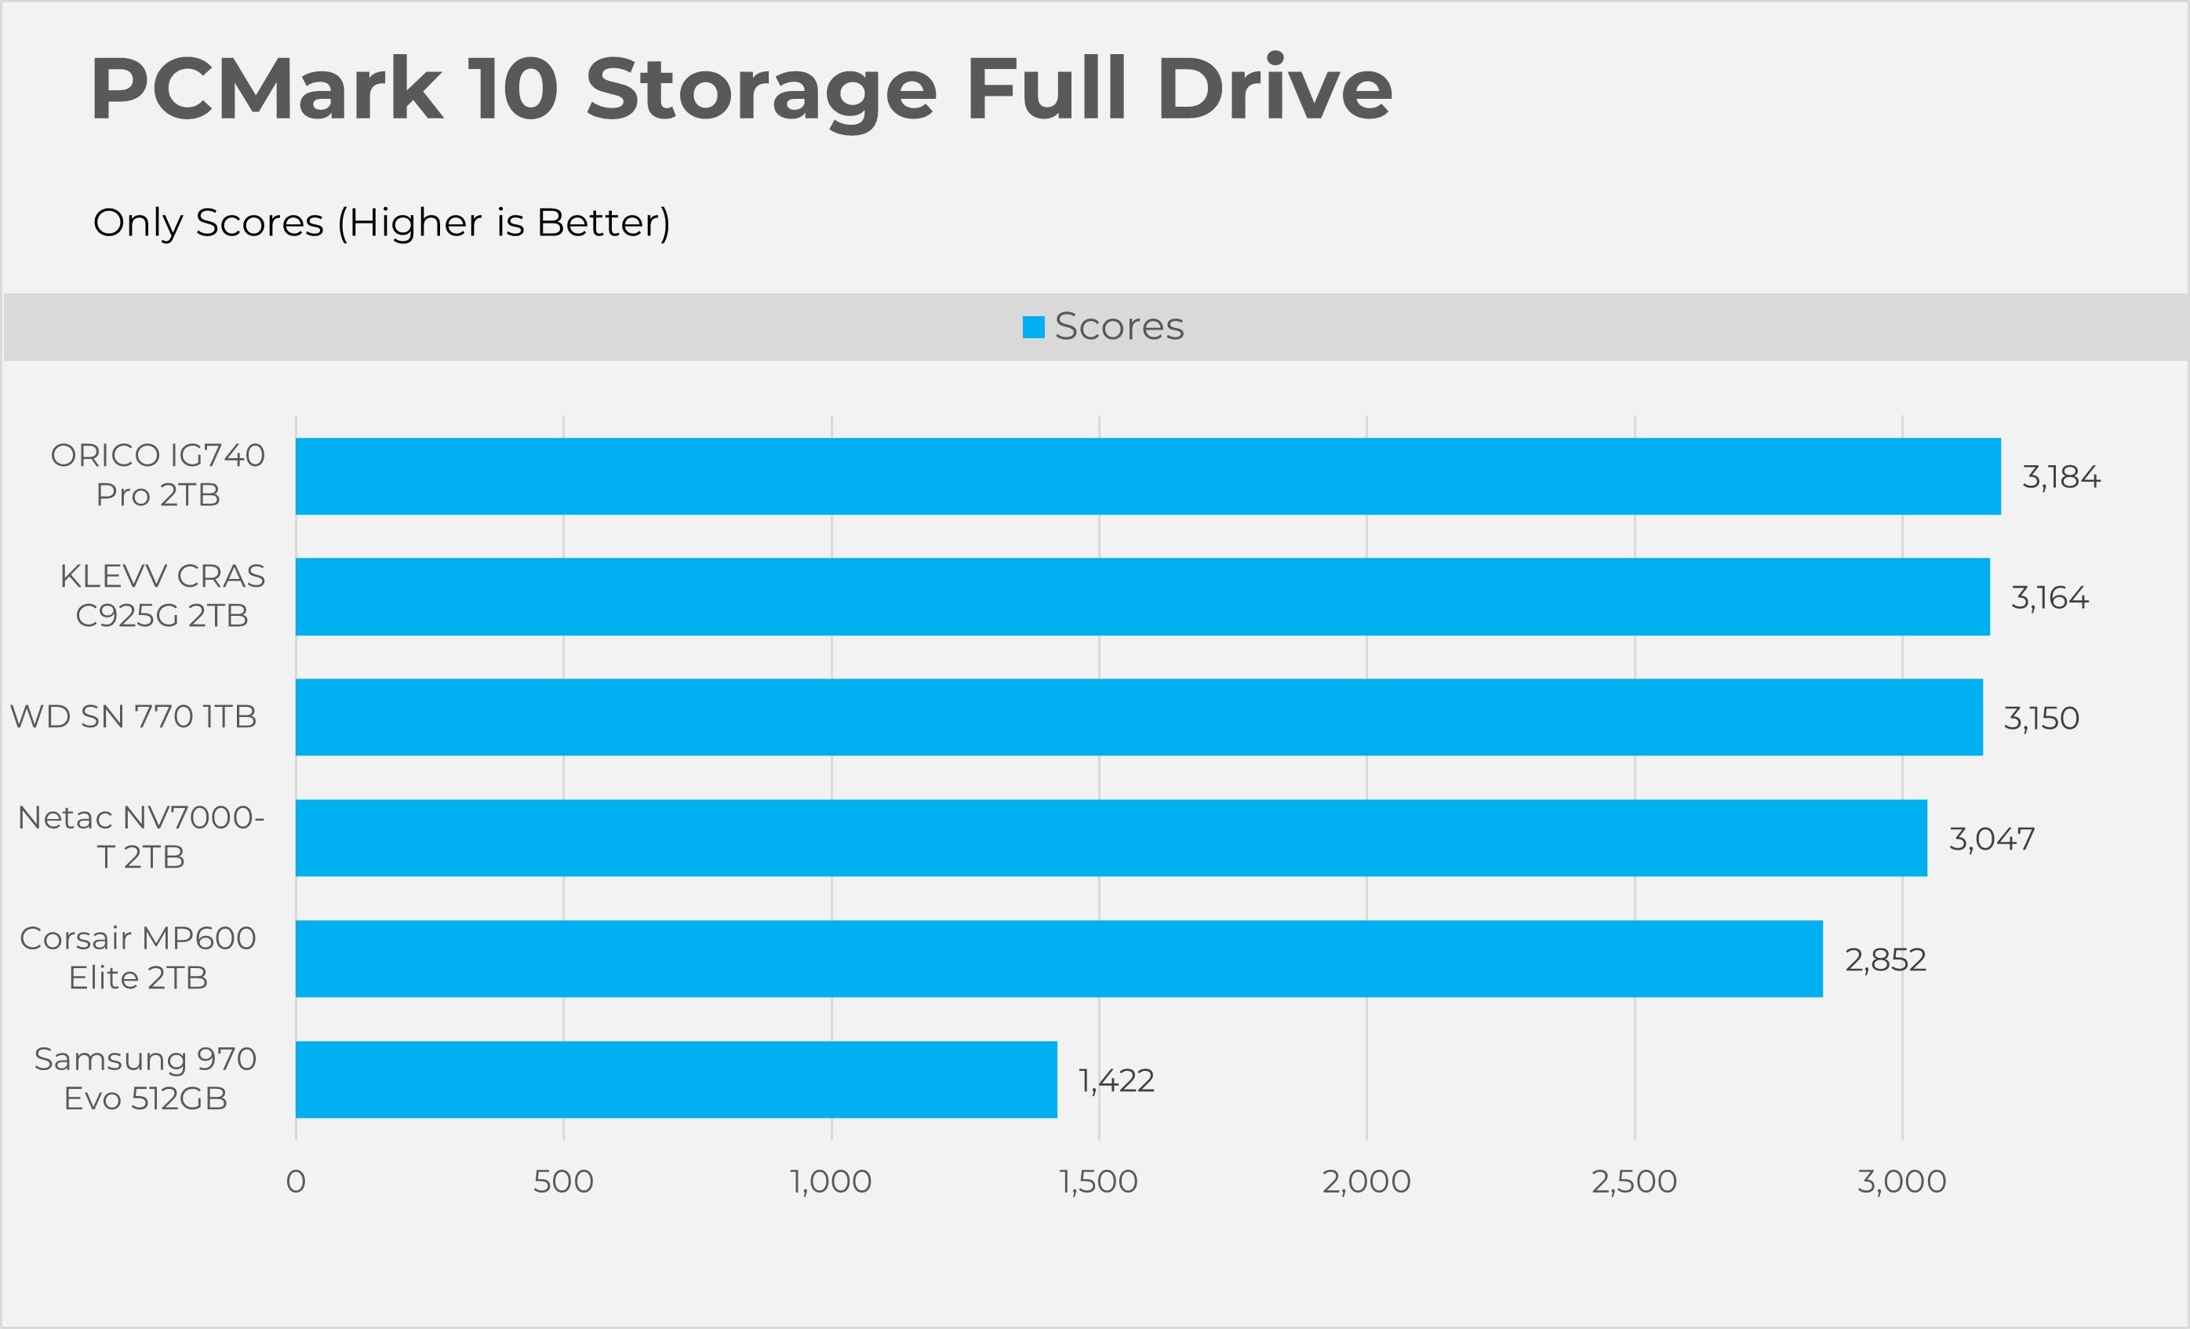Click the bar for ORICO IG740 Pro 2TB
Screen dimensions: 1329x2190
pos(1148,475)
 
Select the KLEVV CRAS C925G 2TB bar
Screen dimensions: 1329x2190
pos(1142,596)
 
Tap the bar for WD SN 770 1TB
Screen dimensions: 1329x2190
pos(1139,716)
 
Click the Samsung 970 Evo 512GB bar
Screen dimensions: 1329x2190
pos(675,1080)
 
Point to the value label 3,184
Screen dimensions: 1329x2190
pos(2061,477)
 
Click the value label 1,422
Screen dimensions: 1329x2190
pos(1116,1081)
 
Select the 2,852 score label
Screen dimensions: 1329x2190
pos(1885,960)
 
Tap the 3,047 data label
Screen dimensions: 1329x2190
pos(1992,839)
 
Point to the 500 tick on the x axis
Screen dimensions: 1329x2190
pos(562,1182)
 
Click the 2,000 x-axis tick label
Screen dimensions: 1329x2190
pos(1366,1182)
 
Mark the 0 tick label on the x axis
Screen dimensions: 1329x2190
pos(296,1182)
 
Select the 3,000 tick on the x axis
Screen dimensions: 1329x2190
pos(1901,1182)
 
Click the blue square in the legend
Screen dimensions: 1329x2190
pos(1033,327)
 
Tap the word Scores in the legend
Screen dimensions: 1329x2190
pos(1119,327)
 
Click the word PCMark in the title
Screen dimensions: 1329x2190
pos(266,89)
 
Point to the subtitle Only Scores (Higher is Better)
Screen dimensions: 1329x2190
pos(381,222)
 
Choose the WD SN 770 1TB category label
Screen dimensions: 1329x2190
pos(133,716)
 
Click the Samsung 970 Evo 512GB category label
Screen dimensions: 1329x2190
pos(145,1078)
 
